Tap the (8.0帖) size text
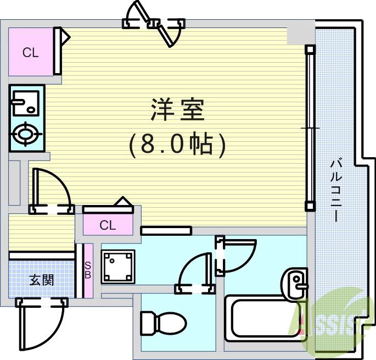[x=177, y=145]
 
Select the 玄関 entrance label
[x=41, y=280]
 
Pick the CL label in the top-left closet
[x=30, y=53]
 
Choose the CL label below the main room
[x=108, y=225]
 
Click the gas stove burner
[x=25, y=134]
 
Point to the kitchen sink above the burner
[x=25, y=102]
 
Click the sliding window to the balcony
[x=310, y=128]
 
